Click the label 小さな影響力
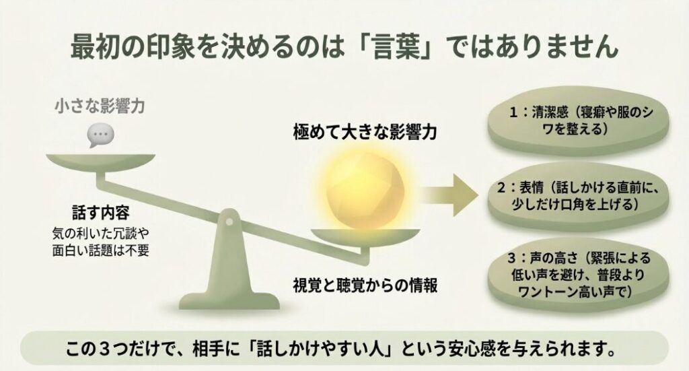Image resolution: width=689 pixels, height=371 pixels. pyautogui.click(x=101, y=106)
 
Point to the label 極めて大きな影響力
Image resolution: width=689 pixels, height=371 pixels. pyautogui.click(x=365, y=131)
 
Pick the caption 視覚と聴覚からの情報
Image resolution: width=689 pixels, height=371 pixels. pyautogui.click(x=365, y=285)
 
